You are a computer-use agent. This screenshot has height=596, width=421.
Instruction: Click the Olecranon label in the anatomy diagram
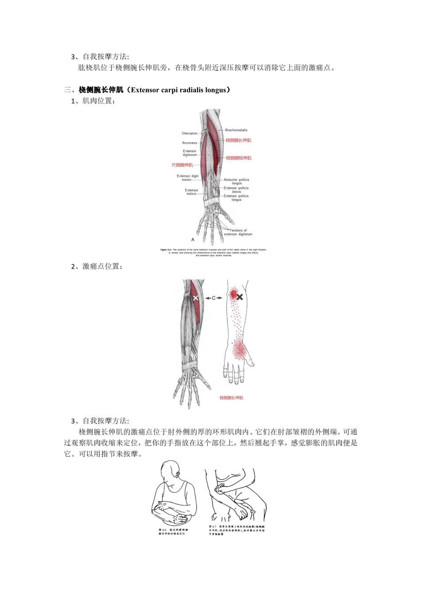pos(189,133)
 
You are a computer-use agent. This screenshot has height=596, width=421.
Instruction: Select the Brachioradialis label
pos(236,130)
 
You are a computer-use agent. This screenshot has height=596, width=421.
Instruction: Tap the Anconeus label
pos(189,143)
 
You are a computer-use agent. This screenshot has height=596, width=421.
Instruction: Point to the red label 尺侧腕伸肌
pos(182,165)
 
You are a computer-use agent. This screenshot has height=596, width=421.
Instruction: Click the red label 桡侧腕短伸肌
pos(238,158)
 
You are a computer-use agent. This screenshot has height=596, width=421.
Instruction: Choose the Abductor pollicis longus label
pos(236,181)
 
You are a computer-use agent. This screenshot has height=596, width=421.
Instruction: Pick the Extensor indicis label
pos(191,192)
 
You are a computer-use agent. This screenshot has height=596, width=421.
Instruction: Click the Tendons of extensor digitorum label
pos(238,232)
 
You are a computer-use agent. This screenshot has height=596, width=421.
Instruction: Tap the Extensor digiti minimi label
pos(187,178)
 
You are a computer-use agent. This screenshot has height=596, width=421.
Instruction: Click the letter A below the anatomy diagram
pos(193,240)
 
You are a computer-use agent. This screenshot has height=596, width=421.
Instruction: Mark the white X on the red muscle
pos(195,298)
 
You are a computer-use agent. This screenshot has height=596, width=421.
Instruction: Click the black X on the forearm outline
pos(240,297)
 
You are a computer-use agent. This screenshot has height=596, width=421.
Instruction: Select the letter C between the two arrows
pos(214,298)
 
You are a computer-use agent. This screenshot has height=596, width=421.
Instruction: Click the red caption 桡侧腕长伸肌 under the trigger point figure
pos(231,398)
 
